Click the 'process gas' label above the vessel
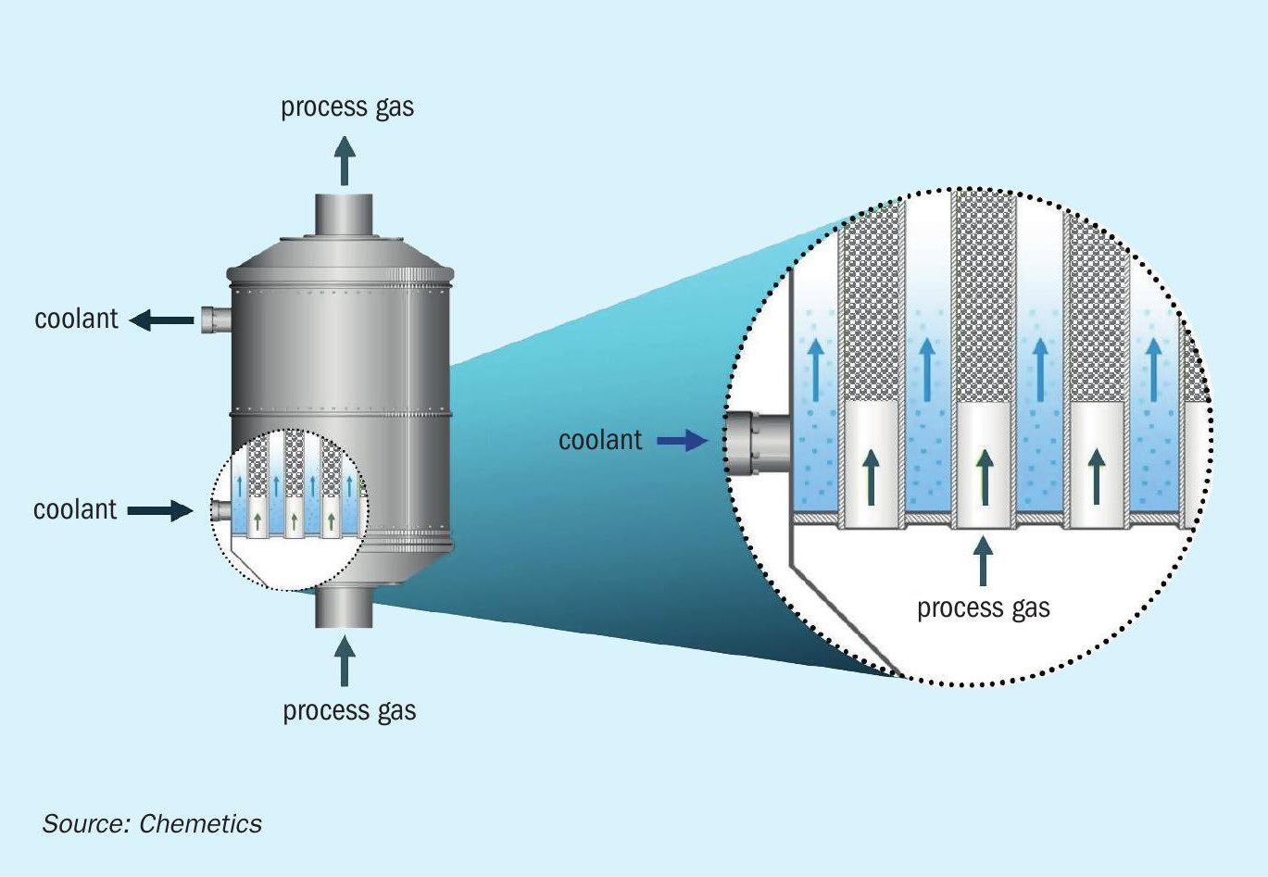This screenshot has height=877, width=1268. pyautogui.click(x=347, y=107)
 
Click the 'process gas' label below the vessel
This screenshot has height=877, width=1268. pyautogui.click(x=349, y=711)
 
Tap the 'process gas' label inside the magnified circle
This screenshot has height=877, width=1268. pyautogui.click(x=983, y=608)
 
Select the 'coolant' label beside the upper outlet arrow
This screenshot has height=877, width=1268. pyautogui.click(x=76, y=319)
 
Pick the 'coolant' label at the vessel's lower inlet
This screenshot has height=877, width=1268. pyautogui.click(x=75, y=510)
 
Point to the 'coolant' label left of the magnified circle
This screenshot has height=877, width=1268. pyautogui.click(x=599, y=440)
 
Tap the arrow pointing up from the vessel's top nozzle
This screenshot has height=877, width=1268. pyautogui.click(x=345, y=161)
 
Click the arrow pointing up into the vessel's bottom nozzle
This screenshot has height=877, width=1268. pyautogui.click(x=345, y=659)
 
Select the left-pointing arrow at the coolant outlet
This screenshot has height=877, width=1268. pyautogui.click(x=161, y=320)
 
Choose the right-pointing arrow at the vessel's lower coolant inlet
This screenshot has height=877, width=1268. pyautogui.click(x=160, y=510)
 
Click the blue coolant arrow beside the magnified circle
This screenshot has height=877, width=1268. pyautogui.click(x=682, y=441)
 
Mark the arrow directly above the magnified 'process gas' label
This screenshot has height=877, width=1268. pyautogui.click(x=983, y=559)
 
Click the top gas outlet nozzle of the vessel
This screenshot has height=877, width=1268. pyautogui.click(x=345, y=214)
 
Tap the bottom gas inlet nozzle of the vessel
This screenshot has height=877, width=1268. pyautogui.click(x=345, y=607)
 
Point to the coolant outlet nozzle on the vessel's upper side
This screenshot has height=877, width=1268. pyautogui.click(x=215, y=319)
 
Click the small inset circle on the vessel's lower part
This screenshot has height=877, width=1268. pyautogui.click(x=290, y=509)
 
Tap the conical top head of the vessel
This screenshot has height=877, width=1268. pyautogui.click(x=341, y=255)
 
